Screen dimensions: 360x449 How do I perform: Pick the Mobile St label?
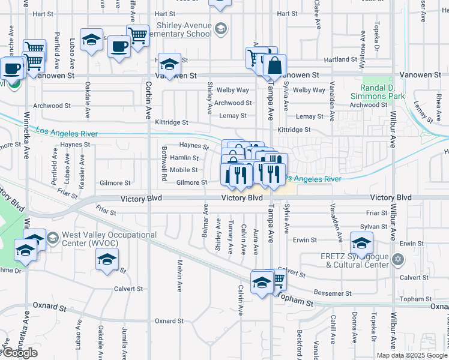click(184, 170)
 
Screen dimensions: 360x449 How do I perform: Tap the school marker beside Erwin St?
click(361, 243)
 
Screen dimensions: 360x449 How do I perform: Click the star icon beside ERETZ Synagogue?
click(396, 260)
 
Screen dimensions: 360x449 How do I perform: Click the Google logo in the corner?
click(19, 352)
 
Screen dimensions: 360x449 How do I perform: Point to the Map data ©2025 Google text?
click(412, 355)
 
